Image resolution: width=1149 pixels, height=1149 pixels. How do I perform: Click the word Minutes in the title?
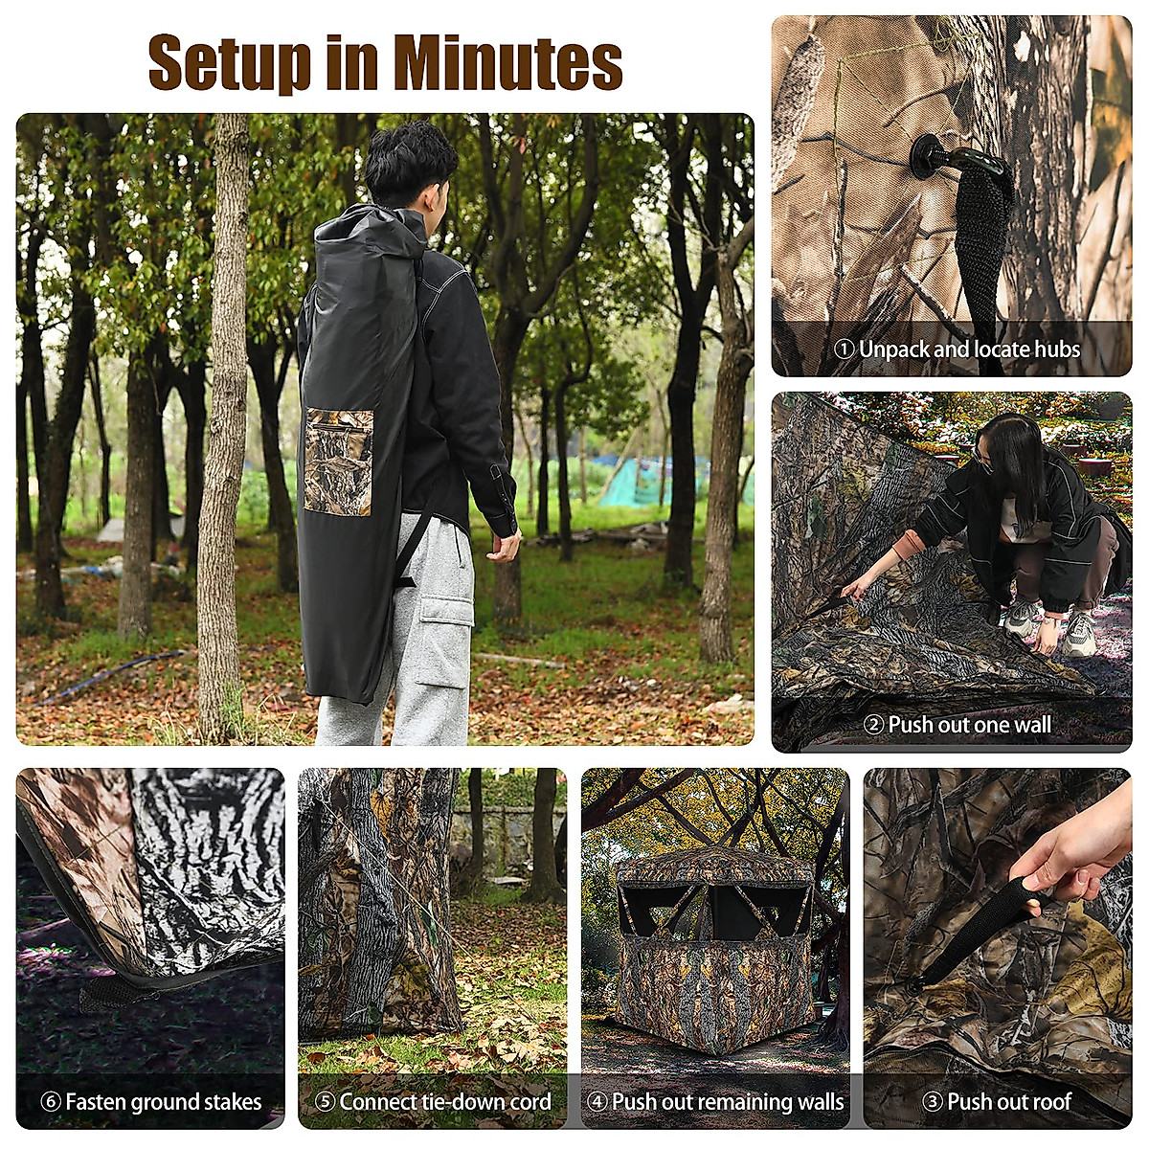click(507, 62)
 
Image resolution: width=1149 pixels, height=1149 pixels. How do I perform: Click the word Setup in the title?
click(230, 64)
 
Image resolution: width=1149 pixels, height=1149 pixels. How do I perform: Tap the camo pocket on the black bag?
click(338, 462)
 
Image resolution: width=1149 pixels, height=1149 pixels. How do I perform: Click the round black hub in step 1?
click(928, 155)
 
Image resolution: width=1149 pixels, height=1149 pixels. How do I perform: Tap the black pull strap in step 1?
click(982, 239)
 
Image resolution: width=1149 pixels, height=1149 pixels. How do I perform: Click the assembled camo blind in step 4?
click(713, 948)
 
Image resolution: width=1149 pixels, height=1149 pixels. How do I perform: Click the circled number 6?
click(51, 1102)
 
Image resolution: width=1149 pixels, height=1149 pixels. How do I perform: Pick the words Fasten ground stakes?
click(163, 1102)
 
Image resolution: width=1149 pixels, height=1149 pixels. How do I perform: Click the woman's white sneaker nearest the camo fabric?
click(1021, 619)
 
